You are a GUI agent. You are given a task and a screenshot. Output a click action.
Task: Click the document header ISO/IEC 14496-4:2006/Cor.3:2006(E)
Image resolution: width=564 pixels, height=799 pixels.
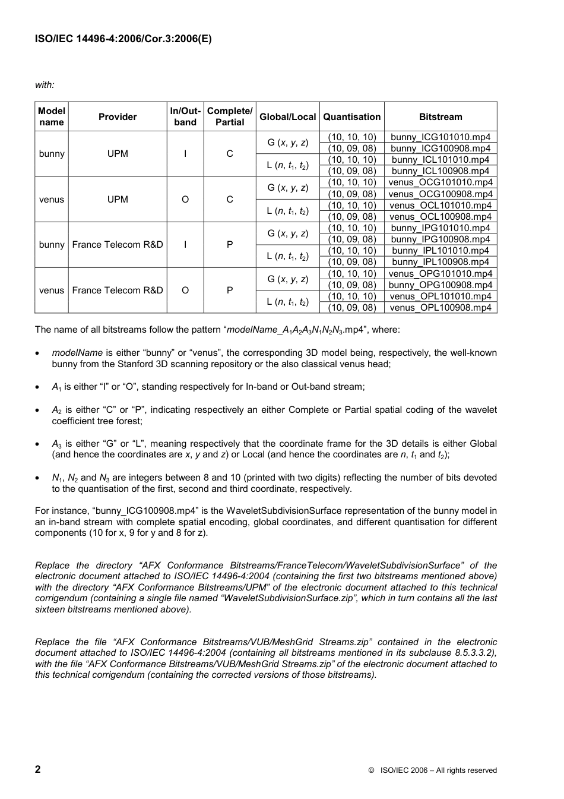tap(123, 39)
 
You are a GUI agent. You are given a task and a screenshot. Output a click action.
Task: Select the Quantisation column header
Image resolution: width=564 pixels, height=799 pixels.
tap(351, 117)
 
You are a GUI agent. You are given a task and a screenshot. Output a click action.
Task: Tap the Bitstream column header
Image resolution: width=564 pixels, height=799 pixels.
tap(440, 117)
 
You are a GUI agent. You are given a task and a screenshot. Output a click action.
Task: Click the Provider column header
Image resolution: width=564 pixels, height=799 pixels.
tap(118, 117)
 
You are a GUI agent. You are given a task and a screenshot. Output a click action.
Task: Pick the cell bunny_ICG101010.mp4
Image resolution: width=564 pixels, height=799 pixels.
tap(440, 137)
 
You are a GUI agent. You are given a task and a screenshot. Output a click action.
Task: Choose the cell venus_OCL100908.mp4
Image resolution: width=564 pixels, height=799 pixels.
tap(440, 217)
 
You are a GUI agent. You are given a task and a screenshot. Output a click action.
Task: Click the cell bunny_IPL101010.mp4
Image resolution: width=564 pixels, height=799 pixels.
tap(440, 251)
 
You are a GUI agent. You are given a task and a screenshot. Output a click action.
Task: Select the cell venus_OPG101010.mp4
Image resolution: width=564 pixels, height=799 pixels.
tap(440, 274)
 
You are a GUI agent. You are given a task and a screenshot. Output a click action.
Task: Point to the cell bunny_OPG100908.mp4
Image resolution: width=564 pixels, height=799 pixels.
tap(440, 285)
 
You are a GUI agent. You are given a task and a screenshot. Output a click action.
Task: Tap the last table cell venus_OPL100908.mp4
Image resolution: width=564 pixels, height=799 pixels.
tap(440, 308)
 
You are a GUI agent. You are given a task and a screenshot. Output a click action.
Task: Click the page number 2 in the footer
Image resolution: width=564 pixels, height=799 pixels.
tap(38, 769)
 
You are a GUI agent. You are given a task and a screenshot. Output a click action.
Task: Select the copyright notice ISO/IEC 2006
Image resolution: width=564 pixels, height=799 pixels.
tap(432, 770)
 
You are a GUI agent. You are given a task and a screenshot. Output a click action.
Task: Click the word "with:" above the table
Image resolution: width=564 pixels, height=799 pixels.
tap(45, 85)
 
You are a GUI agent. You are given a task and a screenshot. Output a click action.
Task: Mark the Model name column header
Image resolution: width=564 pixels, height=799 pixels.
tap(52, 116)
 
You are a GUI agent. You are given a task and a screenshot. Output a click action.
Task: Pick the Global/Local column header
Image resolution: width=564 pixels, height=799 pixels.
tap(287, 117)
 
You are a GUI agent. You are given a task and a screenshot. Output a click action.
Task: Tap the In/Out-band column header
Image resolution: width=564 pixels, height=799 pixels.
tap(185, 116)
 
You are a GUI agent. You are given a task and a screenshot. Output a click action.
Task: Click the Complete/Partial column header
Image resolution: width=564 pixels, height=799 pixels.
tap(230, 116)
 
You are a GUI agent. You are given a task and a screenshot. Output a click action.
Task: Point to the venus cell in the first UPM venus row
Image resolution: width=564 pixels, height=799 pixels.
tap(52, 200)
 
